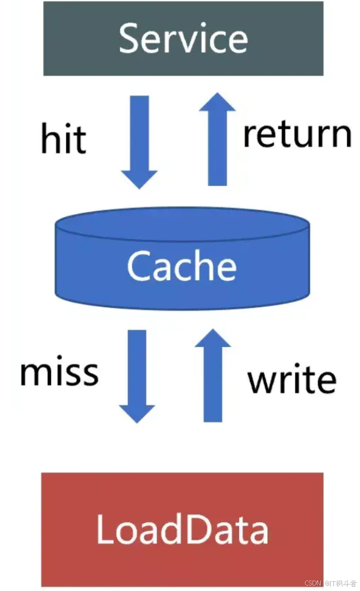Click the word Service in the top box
pyautogui.click(x=183, y=38)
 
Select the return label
pyautogui.click(x=297, y=135)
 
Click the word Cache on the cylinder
pyautogui.click(x=182, y=266)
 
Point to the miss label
pyautogui.click(x=59, y=373)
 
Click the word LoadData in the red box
pyautogui.click(x=182, y=529)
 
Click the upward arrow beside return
pyautogui.click(x=217, y=139)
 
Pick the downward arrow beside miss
pyautogui.click(x=137, y=375)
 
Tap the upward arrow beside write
pyautogui.click(x=213, y=375)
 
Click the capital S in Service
pyautogui.click(x=128, y=38)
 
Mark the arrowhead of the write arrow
pyautogui.click(x=213, y=340)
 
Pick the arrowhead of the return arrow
pyautogui.click(x=217, y=103)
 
